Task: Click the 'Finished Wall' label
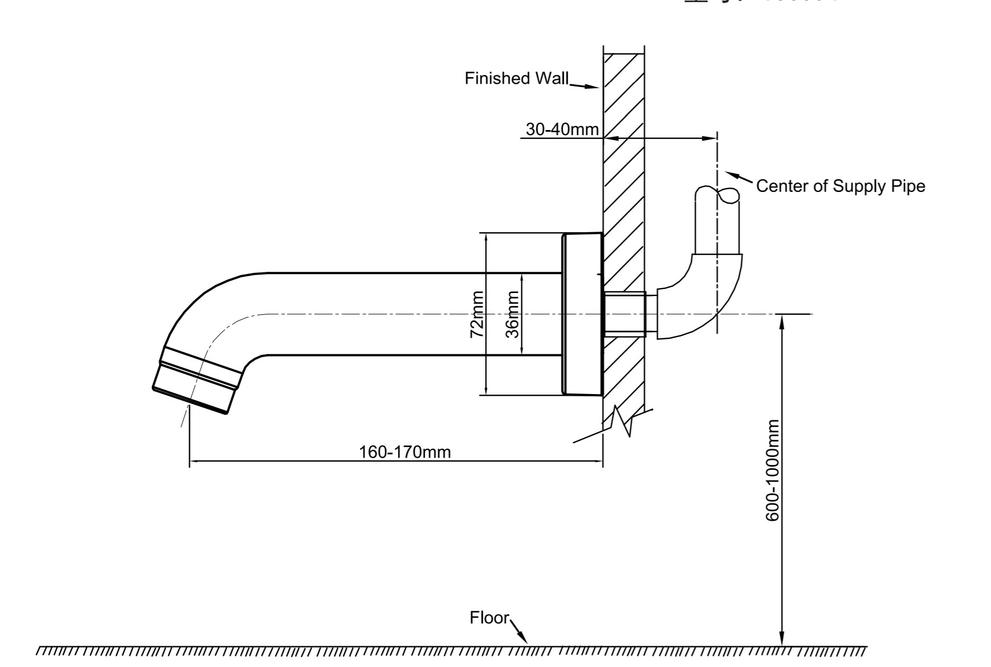(516, 78)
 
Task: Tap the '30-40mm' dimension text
(562, 129)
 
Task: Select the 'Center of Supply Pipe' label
(840, 186)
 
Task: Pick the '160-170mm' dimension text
(404, 452)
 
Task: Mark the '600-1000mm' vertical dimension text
(772, 471)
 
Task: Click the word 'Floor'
(489, 618)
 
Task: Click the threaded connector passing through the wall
(625, 314)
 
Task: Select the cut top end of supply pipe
(717, 195)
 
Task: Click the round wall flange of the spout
(582, 314)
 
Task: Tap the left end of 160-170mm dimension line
(190, 462)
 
